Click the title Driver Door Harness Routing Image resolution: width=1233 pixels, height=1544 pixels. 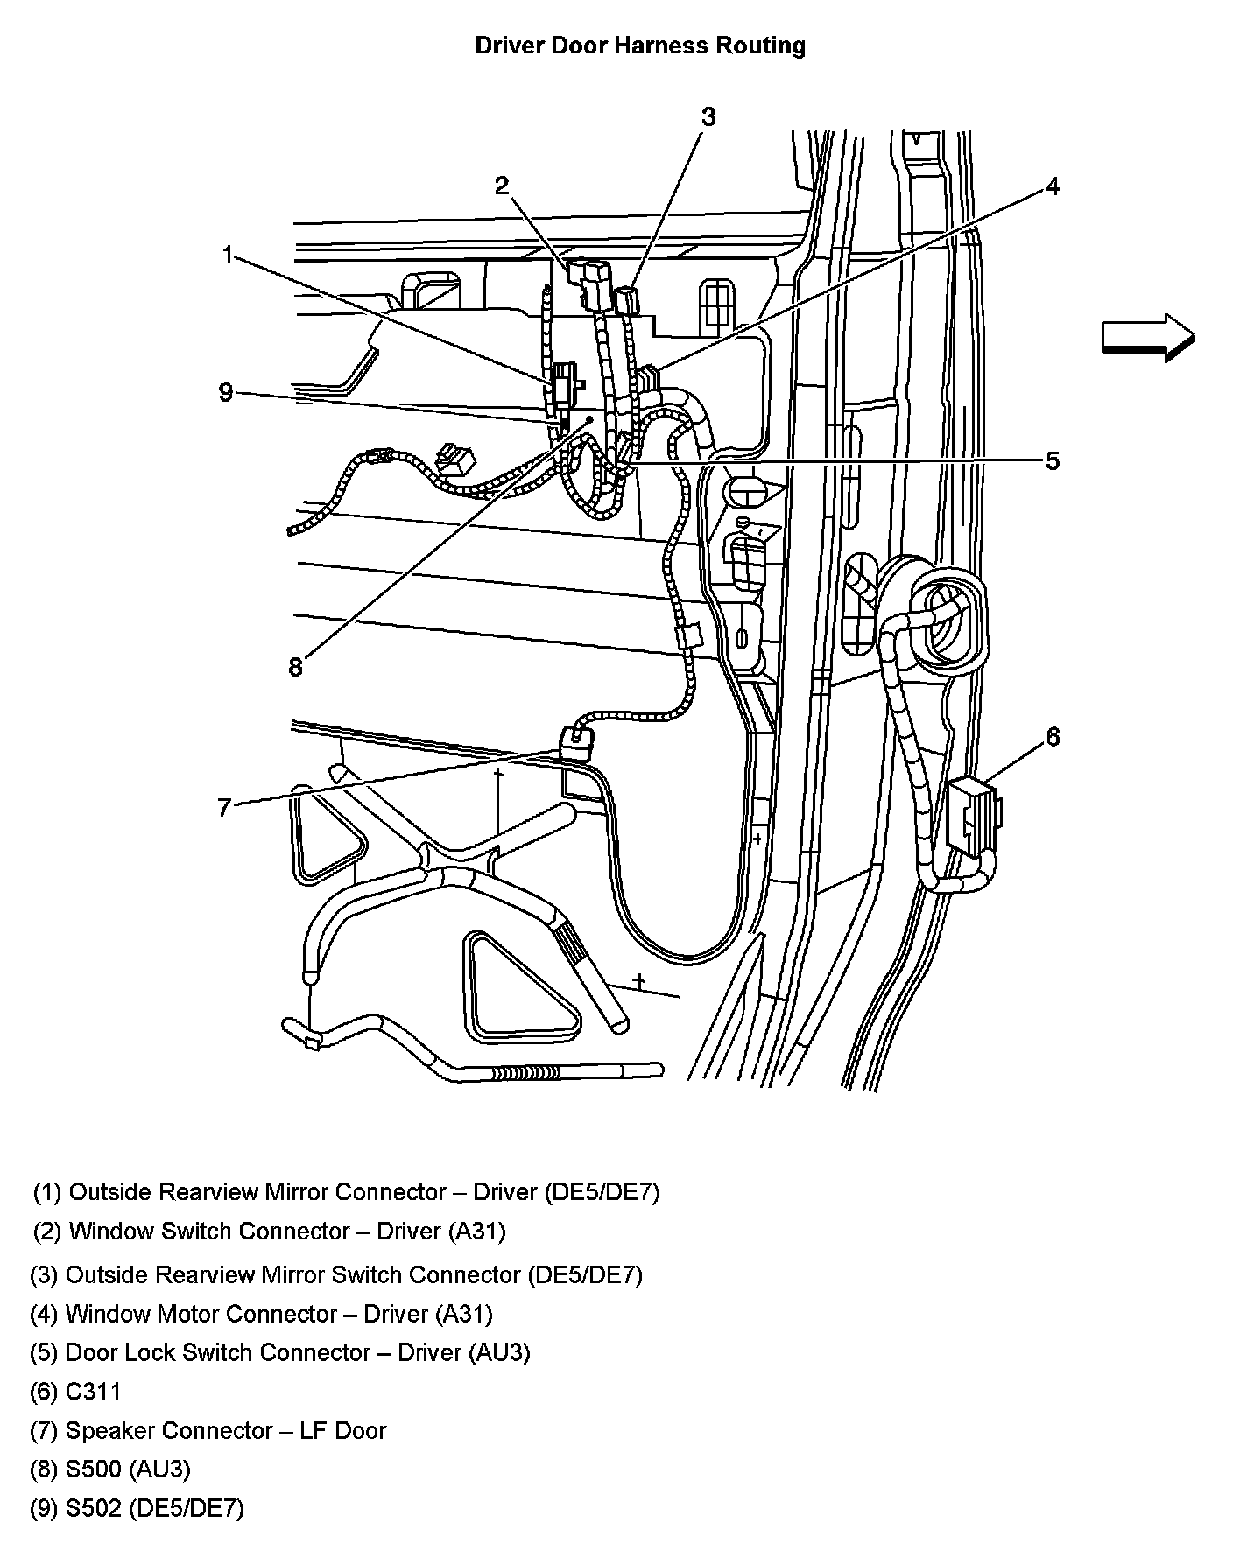[640, 46]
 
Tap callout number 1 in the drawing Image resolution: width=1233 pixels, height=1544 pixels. [228, 256]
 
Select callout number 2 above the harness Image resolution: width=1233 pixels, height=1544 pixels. [501, 186]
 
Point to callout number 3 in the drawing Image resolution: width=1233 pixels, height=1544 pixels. [708, 116]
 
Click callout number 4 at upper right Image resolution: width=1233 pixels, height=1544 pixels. [1053, 186]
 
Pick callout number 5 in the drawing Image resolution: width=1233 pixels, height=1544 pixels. [1053, 461]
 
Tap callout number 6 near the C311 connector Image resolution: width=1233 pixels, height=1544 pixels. [1053, 737]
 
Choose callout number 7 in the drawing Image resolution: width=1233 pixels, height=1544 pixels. [224, 807]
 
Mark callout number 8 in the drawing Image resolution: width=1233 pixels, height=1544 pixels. [295, 667]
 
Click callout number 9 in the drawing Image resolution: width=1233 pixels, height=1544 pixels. [226, 392]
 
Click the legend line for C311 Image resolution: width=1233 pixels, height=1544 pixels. [76, 1392]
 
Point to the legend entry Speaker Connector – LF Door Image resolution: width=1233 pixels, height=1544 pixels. [208, 1430]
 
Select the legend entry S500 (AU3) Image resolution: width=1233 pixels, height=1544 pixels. [110, 1469]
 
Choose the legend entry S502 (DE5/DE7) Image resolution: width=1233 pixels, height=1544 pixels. [137, 1508]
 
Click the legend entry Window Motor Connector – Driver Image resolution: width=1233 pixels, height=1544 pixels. [261, 1314]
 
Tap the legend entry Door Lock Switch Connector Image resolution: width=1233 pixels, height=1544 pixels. [280, 1352]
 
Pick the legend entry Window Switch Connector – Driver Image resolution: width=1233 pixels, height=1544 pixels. [270, 1232]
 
